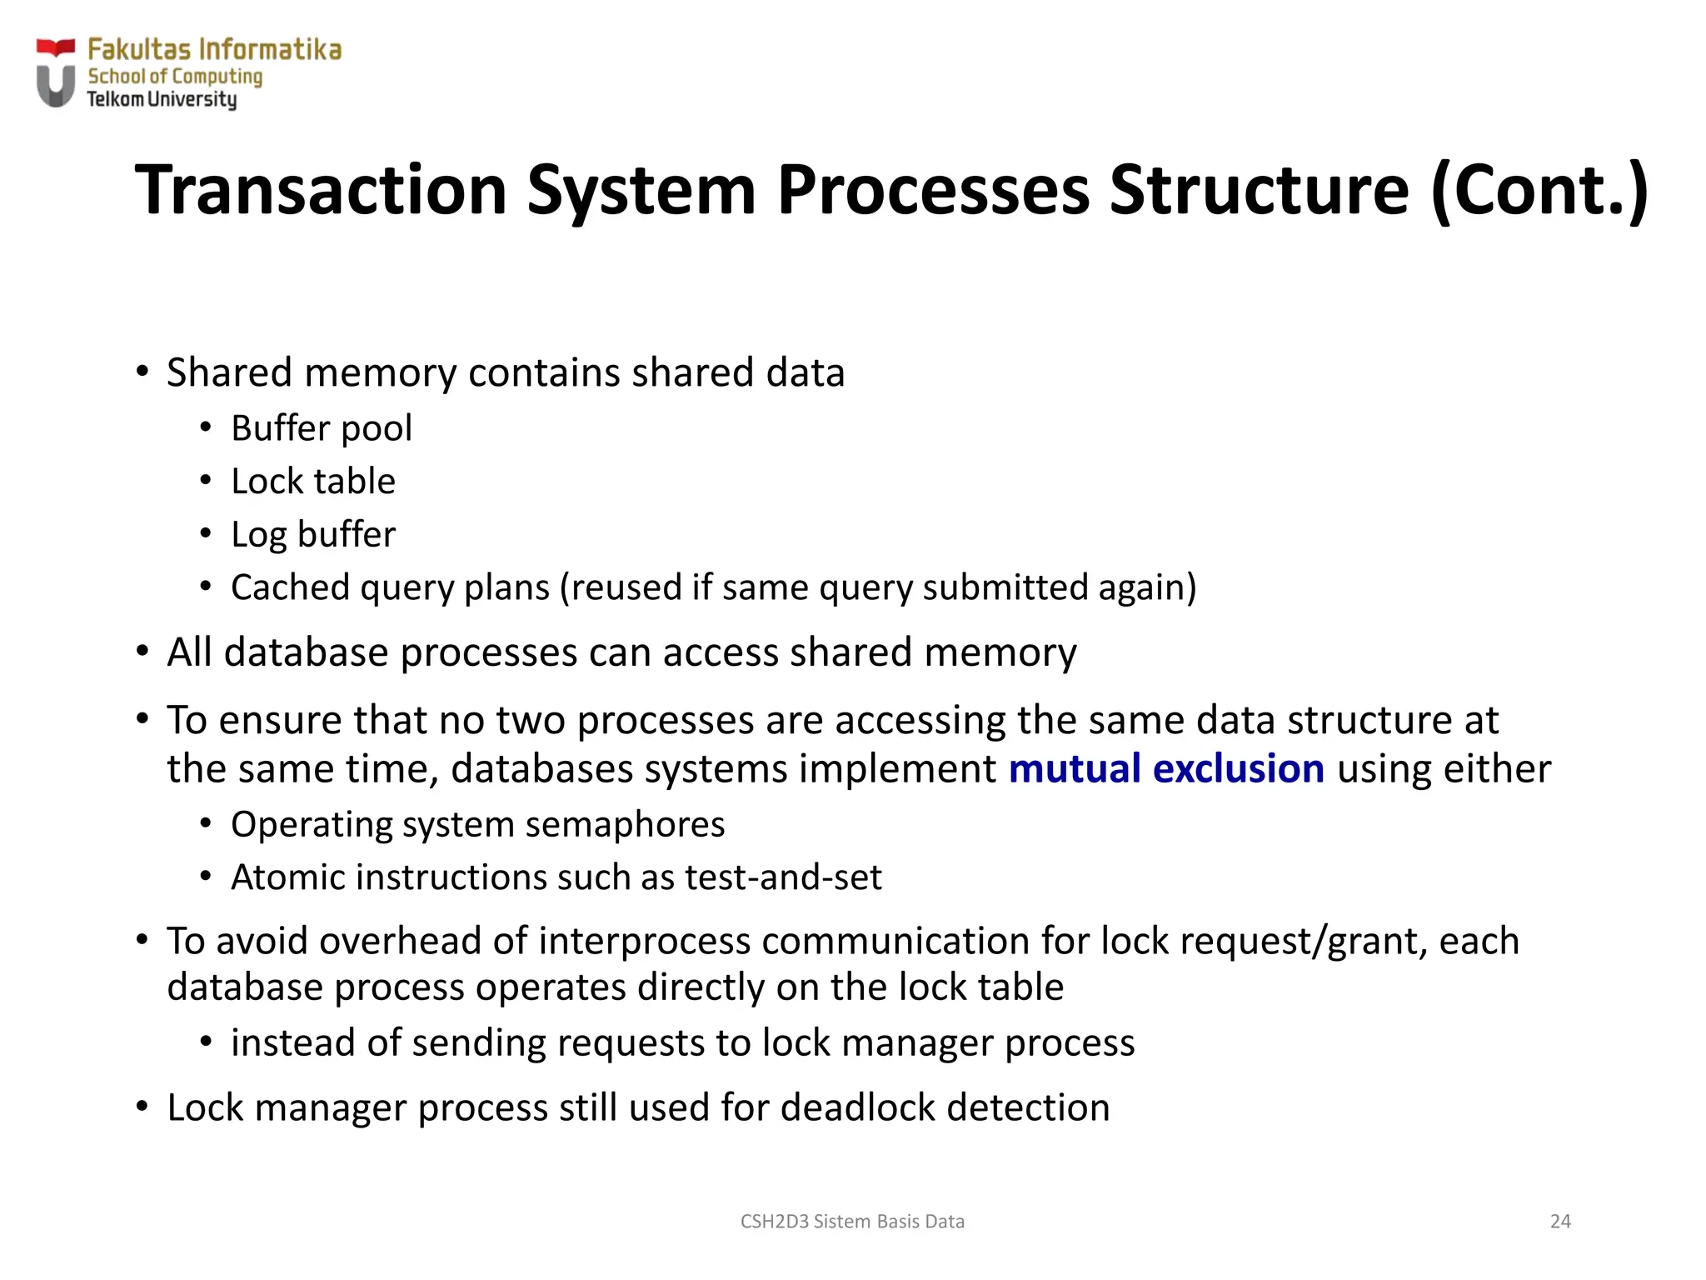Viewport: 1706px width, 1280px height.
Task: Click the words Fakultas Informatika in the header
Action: pos(214,50)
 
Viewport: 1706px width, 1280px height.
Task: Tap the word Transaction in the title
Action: pos(322,190)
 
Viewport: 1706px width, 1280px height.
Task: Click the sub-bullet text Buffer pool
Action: pos(322,428)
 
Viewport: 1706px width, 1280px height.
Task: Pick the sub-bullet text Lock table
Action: pos(313,482)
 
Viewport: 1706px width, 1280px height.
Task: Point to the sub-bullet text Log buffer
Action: pos(313,534)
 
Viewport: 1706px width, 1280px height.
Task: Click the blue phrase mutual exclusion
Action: pos(1166,768)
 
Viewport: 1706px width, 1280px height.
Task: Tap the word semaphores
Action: pos(625,824)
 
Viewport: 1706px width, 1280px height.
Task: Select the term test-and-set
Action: pos(783,877)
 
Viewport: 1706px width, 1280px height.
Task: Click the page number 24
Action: pos(1560,1222)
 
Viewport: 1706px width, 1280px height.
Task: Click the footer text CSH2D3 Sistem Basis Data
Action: pos(852,1222)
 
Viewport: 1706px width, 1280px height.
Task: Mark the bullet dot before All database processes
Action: pos(142,651)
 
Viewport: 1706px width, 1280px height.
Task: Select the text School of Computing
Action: pos(175,77)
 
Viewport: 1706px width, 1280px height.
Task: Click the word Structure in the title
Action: pos(1258,190)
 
